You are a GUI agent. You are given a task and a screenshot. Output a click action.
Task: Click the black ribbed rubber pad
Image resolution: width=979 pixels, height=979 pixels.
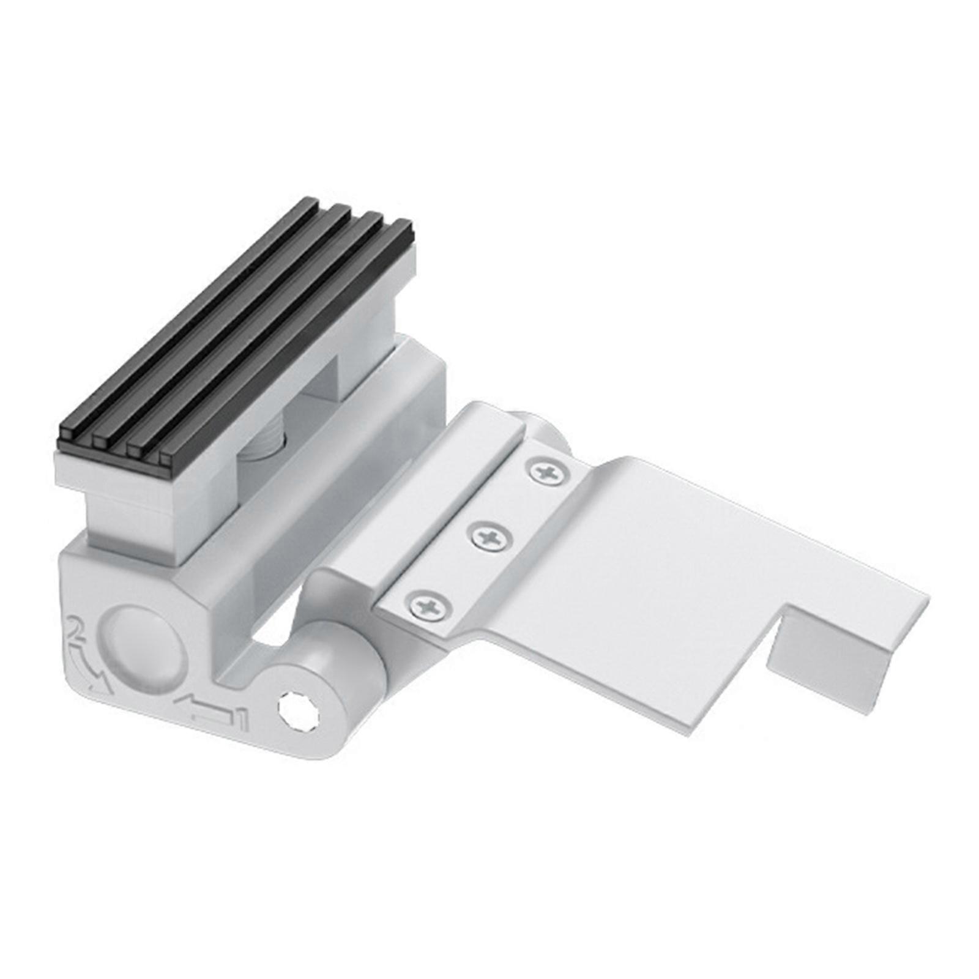pyautogui.click(x=233, y=324)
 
